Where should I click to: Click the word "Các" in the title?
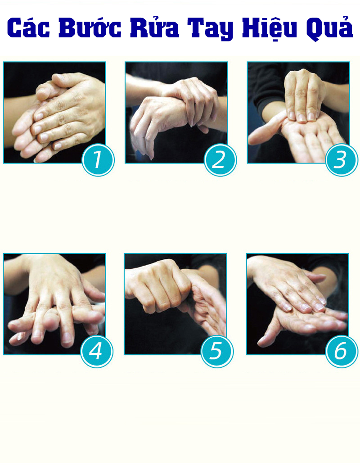pyautogui.click(x=28, y=28)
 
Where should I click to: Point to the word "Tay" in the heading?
pyautogui.click(x=210, y=29)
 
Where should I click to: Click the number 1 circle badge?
pyautogui.click(x=98, y=160)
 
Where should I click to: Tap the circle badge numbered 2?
pyautogui.click(x=220, y=160)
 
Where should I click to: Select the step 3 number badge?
pyautogui.click(x=342, y=160)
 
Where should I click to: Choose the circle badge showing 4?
pyautogui.click(x=97, y=351)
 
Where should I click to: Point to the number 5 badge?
pyautogui.click(x=217, y=351)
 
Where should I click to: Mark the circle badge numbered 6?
pyautogui.click(x=342, y=351)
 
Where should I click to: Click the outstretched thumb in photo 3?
pyautogui.click(x=265, y=129)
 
